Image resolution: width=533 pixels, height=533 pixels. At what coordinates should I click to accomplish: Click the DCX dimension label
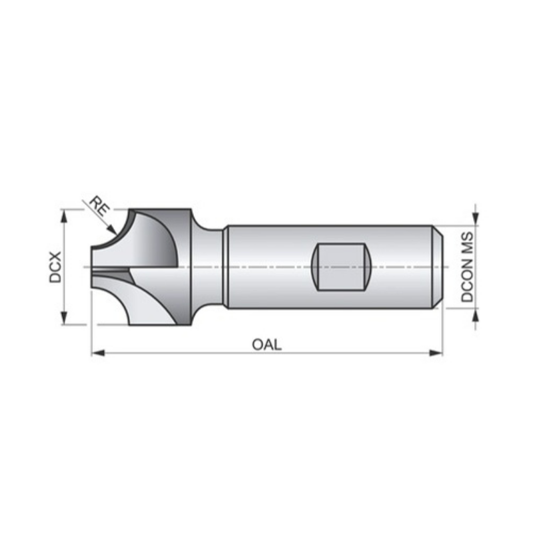pyautogui.click(x=55, y=267)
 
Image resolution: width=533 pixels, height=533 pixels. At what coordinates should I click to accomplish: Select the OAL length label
pyautogui.click(x=266, y=344)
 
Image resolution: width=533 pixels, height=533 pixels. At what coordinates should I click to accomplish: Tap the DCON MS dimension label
pyautogui.click(x=468, y=267)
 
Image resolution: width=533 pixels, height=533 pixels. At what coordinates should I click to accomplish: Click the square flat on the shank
pyautogui.click(x=341, y=266)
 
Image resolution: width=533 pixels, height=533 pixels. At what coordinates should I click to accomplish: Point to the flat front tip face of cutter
pyautogui.click(x=92, y=266)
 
